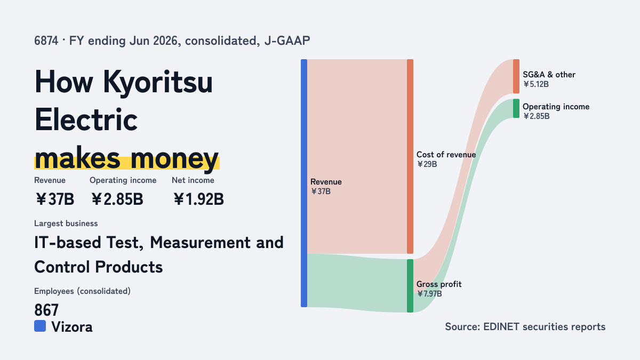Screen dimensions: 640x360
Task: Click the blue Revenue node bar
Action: click(x=304, y=183)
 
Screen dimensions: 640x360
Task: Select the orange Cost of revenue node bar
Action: click(x=410, y=156)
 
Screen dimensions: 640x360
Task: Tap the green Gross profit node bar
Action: click(x=410, y=286)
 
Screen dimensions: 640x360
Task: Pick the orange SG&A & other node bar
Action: click(x=516, y=76)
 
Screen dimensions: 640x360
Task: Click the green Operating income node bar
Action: click(x=516, y=108)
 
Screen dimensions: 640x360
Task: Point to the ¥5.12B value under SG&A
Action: click(x=535, y=84)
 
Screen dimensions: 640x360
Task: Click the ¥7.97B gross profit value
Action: click(x=429, y=294)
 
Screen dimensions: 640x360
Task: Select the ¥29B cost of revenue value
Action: click(x=427, y=164)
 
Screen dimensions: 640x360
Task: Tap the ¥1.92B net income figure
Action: click(x=198, y=199)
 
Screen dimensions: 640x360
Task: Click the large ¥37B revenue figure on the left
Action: click(x=54, y=199)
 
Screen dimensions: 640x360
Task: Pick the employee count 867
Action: click(x=46, y=310)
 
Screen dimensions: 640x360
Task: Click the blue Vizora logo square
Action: click(x=40, y=326)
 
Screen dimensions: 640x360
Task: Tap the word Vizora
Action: click(x=72, y=327)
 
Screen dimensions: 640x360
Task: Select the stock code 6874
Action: click(x=46, y=41)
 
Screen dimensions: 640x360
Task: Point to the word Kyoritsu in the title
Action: click(x=158, y=83)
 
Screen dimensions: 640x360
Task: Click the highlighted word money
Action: click(x=175, y=158)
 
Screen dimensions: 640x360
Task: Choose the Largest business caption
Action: click(x=66, y=223)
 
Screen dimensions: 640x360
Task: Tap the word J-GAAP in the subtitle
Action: click(x=287, y=41)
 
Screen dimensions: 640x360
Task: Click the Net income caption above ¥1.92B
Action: click(x=193, y=180)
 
